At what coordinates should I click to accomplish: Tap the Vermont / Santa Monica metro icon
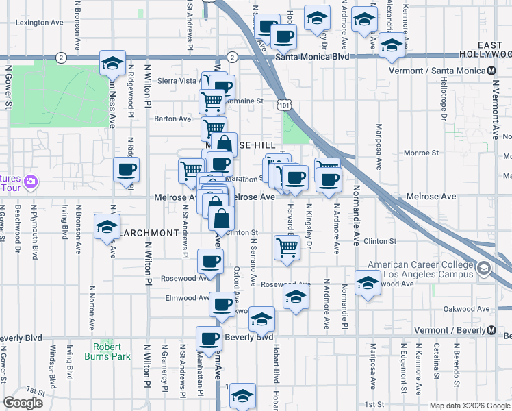492,71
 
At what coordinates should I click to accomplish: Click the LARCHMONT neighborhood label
151,233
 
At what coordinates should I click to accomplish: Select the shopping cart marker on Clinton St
287,248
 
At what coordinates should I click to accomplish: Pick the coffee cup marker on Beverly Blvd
209,338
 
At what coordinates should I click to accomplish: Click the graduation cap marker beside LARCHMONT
107,227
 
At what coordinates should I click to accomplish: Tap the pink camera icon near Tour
29,182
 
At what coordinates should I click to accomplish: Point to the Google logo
23,402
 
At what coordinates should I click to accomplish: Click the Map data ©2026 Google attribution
469,406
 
